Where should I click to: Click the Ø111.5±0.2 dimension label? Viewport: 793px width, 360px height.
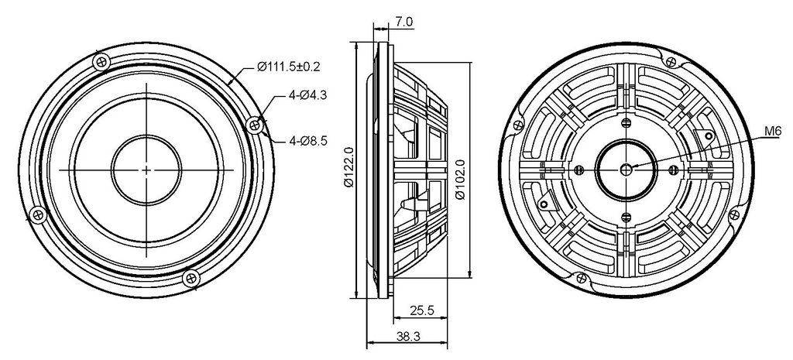click(x=289, y=67)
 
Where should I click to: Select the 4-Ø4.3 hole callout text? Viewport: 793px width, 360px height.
click(x=308, y=94)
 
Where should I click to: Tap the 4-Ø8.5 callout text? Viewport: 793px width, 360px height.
click(x=308, y=141)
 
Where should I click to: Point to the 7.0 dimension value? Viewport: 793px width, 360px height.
click(x=404, y=22)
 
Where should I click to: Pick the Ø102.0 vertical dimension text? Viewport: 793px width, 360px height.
click(x=460, y=180)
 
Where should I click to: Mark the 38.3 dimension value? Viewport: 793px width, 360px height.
click(x=408, y=336)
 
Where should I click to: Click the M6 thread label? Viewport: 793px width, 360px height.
click(x=772, y=132)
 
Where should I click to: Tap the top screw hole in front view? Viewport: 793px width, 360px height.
click(x=102, y=62)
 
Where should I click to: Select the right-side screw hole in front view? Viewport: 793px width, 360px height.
click(x=255, y=125)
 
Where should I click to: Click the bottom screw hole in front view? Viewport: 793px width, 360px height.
click(x=191, y=278)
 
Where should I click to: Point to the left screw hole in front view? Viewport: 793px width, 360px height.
click(x=38, y=215)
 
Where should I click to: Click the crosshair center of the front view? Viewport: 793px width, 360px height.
click(x=146, y=170)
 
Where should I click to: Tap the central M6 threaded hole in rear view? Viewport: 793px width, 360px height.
click(x=626, y=169)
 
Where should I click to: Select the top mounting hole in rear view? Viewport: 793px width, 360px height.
click(x=671, y=62)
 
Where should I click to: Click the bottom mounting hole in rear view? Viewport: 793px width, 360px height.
click(x=582, y=278)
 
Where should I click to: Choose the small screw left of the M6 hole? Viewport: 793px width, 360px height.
click(x=579, y=169)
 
